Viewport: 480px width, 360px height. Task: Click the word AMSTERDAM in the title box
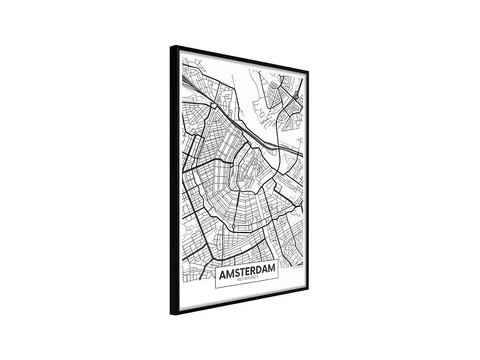(247, 271)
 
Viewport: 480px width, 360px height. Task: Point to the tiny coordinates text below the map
(298, 267)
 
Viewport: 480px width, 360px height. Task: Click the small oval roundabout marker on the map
(233, 226)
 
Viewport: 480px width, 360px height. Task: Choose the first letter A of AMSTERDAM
(222, 275)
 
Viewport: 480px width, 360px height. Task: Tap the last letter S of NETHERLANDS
(257, 277)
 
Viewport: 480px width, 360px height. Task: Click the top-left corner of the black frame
(171, 47)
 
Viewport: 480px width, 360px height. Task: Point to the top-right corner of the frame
(308, 71)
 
